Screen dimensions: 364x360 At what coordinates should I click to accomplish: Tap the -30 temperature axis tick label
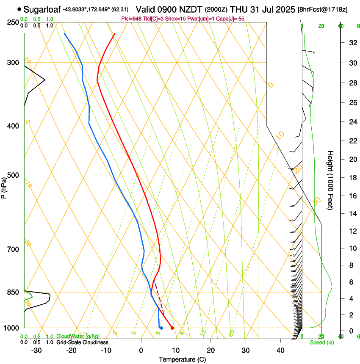click(37, 350)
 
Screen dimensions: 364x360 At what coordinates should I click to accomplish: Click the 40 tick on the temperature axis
click(280, 350)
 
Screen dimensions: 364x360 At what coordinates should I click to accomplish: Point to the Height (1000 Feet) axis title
click(331, 180)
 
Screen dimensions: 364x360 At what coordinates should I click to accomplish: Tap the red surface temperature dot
click(172, 328)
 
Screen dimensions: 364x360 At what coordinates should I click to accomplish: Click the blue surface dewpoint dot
click(161, 328)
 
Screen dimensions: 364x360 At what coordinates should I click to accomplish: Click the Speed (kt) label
click(322, 342)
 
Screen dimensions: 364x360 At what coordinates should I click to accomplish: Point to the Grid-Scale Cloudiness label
click(82, 342)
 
